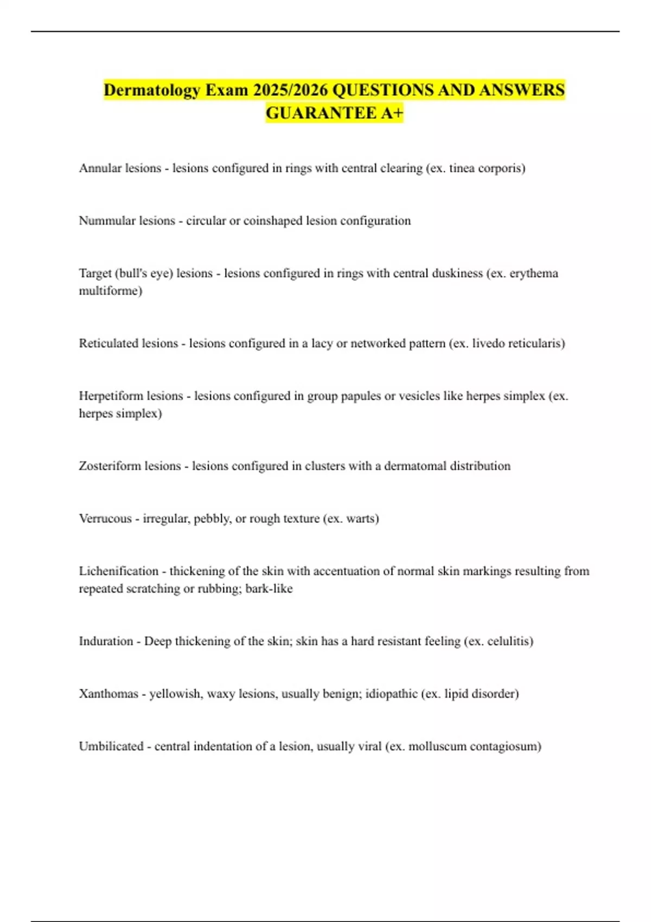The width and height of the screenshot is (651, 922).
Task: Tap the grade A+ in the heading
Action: [x=391, y=113]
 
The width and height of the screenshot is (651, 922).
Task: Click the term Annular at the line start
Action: [x=100, y=168]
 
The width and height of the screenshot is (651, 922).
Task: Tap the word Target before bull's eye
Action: [x=94, y=273]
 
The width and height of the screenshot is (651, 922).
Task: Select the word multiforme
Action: [x=110, y=291]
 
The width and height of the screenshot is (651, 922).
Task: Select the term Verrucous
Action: [x=105, y=518]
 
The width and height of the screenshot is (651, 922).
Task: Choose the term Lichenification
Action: [x=118, y=571]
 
